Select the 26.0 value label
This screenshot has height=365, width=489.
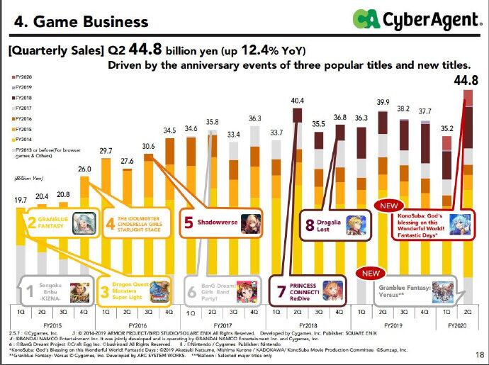pos(84,170)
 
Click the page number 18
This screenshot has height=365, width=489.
pos(478,355)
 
